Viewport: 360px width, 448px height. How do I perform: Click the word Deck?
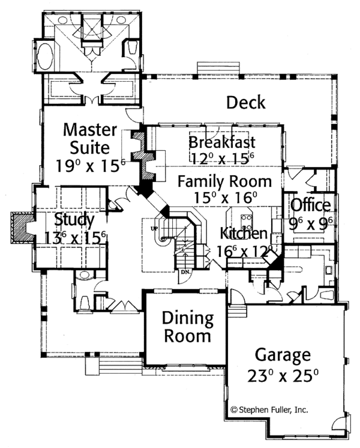245,103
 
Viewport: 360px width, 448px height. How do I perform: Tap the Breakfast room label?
221,143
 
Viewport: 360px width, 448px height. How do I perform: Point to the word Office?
310,205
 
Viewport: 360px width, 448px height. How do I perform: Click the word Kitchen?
243,232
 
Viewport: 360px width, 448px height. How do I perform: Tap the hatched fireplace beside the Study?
22,228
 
